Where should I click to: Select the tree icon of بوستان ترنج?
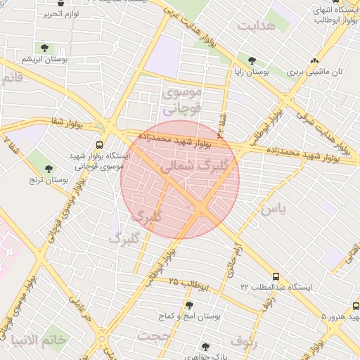49,168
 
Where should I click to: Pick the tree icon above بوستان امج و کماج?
188,305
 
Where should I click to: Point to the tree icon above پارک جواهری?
205,346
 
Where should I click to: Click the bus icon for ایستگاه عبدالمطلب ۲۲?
276,277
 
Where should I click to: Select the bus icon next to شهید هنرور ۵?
356,306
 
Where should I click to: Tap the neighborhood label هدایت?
255,26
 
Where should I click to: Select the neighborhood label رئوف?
243,342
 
